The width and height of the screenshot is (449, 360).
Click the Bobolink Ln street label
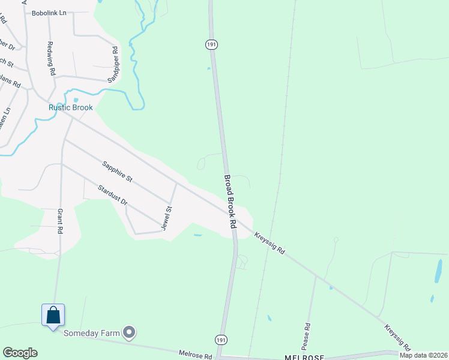pos(49,13)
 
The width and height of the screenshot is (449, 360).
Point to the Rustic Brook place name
pos(71,108)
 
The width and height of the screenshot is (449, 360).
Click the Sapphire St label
pos(117,172)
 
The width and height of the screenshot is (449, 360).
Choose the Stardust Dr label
pos(113,194)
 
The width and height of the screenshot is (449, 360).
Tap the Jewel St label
pos(167,218)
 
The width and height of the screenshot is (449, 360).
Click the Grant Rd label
pos(60,221)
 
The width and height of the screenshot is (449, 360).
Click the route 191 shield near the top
pos(211,44)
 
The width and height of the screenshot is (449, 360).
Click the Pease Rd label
pos(307,334)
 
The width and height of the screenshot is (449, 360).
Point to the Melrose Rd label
pos(196,355)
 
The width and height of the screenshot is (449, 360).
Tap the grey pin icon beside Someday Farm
pos(129,332)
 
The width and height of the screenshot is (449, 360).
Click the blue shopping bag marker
pos(53,314)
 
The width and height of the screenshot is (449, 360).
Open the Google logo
pos(20,353)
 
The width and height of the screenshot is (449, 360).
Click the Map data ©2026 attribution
pos(423,355)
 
